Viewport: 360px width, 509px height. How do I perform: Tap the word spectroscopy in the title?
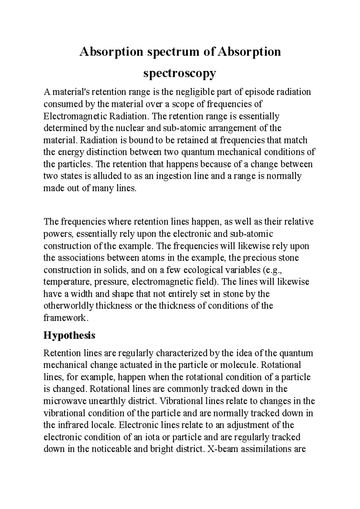(180, 73)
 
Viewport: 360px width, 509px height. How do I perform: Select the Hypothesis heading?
(69, 335)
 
